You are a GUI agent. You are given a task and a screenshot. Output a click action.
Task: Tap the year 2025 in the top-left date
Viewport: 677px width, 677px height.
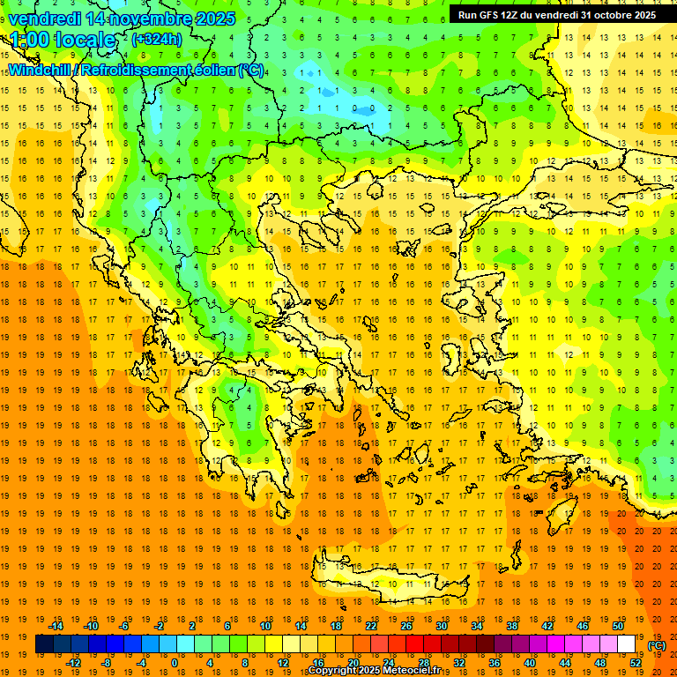tap(214, 18)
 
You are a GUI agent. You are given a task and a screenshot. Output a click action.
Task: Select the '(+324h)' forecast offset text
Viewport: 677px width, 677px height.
tap(156, 40)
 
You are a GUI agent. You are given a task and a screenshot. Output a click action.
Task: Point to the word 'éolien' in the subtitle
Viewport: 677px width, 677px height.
tap(211, 70)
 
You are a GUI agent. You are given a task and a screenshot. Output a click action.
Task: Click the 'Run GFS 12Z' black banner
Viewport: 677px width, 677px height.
tap(556, 14)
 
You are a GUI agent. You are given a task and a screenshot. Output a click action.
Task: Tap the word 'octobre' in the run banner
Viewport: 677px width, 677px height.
tap(606, 14)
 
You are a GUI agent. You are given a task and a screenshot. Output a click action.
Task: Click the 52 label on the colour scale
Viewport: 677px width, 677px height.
tap(636, 662)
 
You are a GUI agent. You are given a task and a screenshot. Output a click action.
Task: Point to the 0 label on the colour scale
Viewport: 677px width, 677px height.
tap(174, 662)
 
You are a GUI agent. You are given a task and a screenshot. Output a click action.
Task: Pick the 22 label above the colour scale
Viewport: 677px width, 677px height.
tap(371, 625)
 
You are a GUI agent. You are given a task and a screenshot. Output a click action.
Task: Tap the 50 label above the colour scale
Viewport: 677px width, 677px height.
tap(618, 625)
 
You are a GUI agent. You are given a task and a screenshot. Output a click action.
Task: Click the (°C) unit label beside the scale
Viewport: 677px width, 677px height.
tap(657, 644)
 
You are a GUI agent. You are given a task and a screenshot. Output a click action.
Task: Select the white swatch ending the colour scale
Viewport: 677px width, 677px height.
tap(627, 644)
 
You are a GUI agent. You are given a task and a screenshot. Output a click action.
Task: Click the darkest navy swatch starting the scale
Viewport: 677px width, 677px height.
tap(44, 644)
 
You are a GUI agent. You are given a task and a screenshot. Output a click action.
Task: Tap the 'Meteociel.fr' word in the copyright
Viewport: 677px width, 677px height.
tap(412, 671)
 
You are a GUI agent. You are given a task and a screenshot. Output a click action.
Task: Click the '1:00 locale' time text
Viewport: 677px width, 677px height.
tap(62, 40)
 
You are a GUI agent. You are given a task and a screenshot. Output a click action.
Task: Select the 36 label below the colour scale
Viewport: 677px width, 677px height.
tap(495, 662)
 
